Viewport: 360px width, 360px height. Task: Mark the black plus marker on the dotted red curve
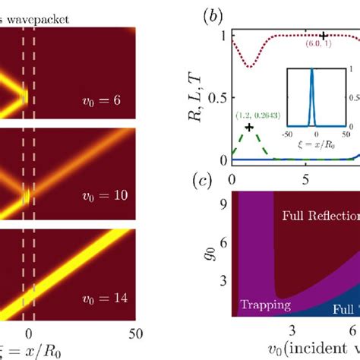(x=324, y=36)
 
